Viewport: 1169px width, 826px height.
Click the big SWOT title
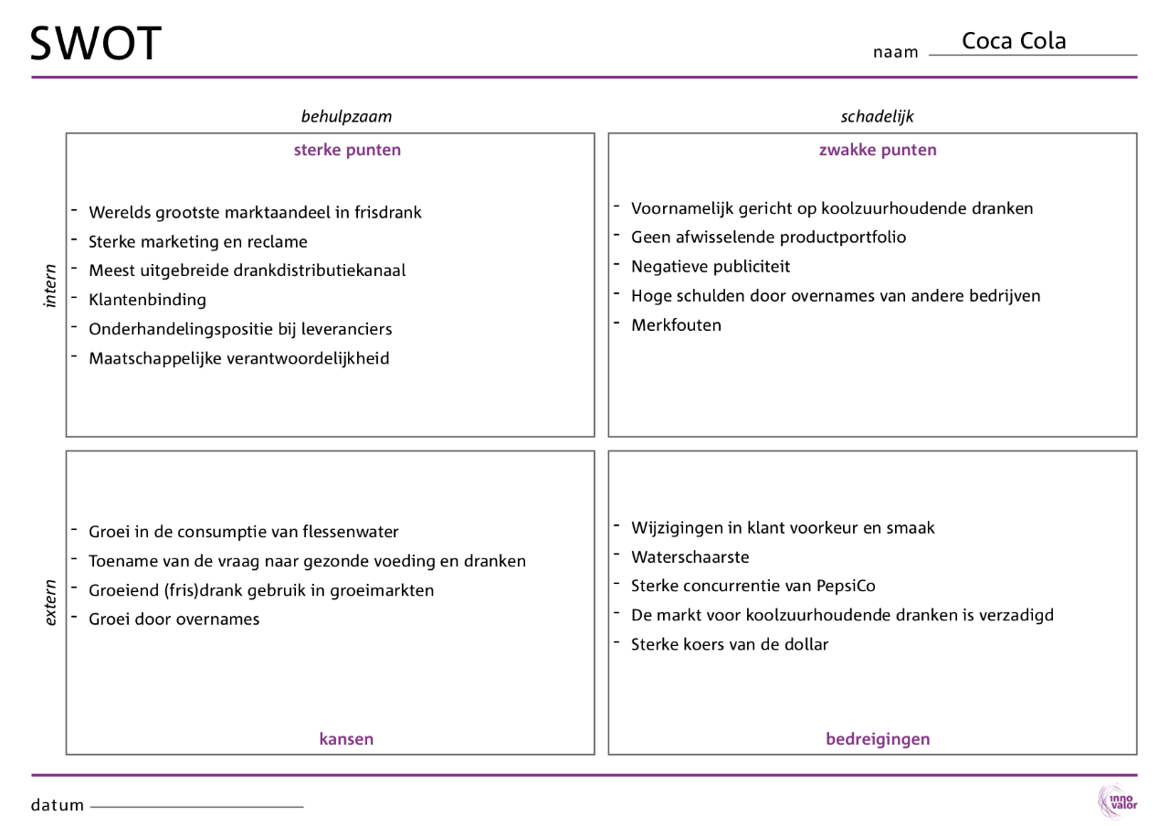pos(96,43)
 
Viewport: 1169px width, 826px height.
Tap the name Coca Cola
pos(1014,41)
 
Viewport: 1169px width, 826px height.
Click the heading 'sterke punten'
pos(347,150)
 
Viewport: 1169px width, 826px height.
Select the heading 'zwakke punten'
pos(878,150)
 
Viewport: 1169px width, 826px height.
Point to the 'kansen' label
pos(346,739)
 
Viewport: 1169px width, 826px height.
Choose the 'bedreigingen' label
pos(878,739)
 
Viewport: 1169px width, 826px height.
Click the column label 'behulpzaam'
pos(346,116)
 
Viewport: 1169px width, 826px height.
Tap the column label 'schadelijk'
pos(877,116)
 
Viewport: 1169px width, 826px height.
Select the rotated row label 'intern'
pos(51,285)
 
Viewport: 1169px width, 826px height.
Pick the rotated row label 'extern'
pos(51,603)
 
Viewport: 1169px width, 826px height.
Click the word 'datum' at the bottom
pos(58,805)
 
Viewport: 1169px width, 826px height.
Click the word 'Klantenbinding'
pos(147,300)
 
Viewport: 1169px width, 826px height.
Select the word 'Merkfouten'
pos(676,325)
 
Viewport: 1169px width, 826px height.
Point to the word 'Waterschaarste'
pos(690,556)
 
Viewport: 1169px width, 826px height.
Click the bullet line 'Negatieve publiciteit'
pos(711,267)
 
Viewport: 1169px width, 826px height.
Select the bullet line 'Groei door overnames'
pos(174,619)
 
